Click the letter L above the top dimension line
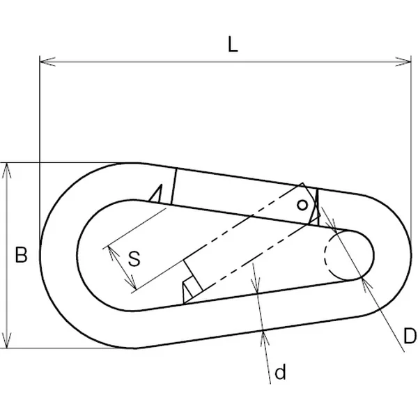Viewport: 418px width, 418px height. pos(233,45)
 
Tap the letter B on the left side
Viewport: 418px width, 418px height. pos(21,255)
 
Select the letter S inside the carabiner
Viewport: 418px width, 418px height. pos(134,258)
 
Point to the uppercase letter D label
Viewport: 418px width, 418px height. pos(410,336)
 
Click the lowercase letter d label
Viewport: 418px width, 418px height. pos(281,371)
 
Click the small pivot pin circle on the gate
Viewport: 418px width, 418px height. pos(302,206)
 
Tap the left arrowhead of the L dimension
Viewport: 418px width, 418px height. pos(47,61)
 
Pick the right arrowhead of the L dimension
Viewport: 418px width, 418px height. pos(403,61)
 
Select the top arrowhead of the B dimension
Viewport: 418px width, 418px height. pos(7,170)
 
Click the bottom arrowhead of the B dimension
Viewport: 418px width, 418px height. pos(7,341)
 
